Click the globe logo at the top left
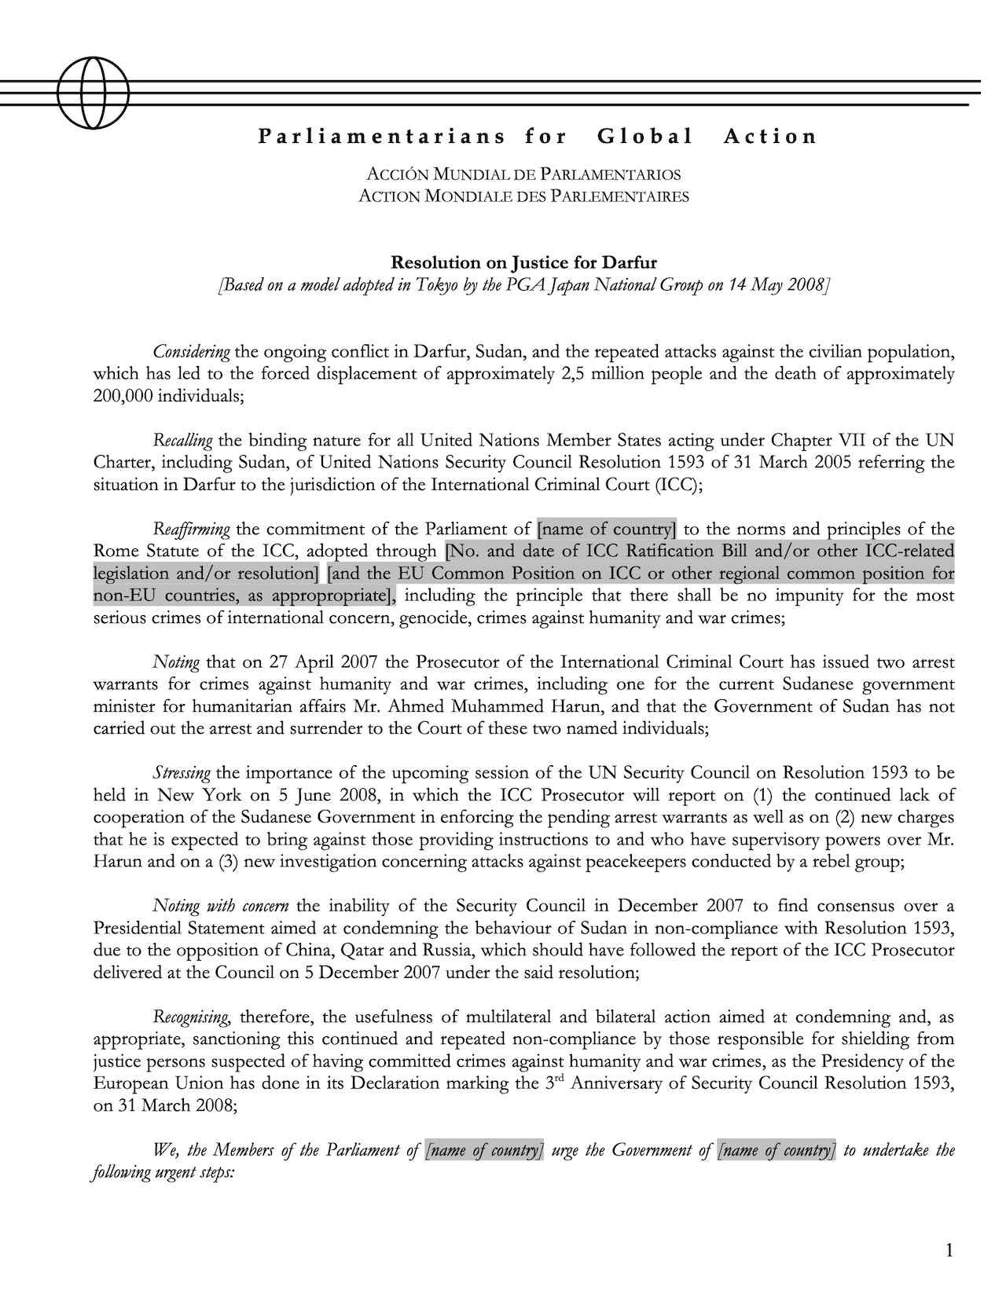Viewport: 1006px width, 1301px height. pos(93,93)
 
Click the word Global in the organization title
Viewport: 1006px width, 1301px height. pos(644,137)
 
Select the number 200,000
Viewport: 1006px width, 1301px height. pos(123,395)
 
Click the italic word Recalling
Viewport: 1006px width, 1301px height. pos(183,440)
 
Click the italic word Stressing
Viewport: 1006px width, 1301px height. pos(182,773)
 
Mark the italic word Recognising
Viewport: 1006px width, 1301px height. pos(191,1017)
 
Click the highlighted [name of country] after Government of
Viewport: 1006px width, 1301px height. pos(777,1151)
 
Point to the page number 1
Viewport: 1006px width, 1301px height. pos(949,1251)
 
